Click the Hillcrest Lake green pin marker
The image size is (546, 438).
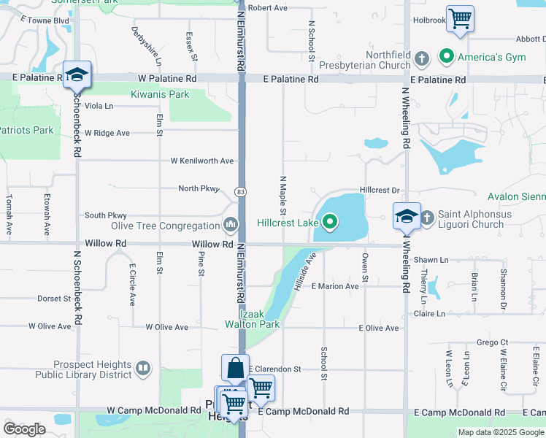(331, 221)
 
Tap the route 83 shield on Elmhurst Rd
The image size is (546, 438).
(239, 191)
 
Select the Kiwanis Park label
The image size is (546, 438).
(160, 94)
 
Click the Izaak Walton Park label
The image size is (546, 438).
(252, 319)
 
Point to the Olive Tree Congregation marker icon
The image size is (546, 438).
(231, 224)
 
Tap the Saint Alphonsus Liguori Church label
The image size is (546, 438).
(471, 220)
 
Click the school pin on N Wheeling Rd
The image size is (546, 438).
(407, 217)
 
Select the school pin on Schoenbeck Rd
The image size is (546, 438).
(77, 75)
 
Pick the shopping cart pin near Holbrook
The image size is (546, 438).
(460, 19)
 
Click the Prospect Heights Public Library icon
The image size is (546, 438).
(144, 369)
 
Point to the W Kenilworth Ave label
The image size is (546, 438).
(202, 161)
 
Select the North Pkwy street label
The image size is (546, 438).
(199, 188)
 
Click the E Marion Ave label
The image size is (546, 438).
(335, 286)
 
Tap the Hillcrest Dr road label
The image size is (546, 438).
(380, 190)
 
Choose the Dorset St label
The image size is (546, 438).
(54, 299)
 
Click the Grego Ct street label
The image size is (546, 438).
(492, 342)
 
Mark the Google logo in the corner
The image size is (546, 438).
(25, 429)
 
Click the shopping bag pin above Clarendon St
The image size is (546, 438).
(235, 368)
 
